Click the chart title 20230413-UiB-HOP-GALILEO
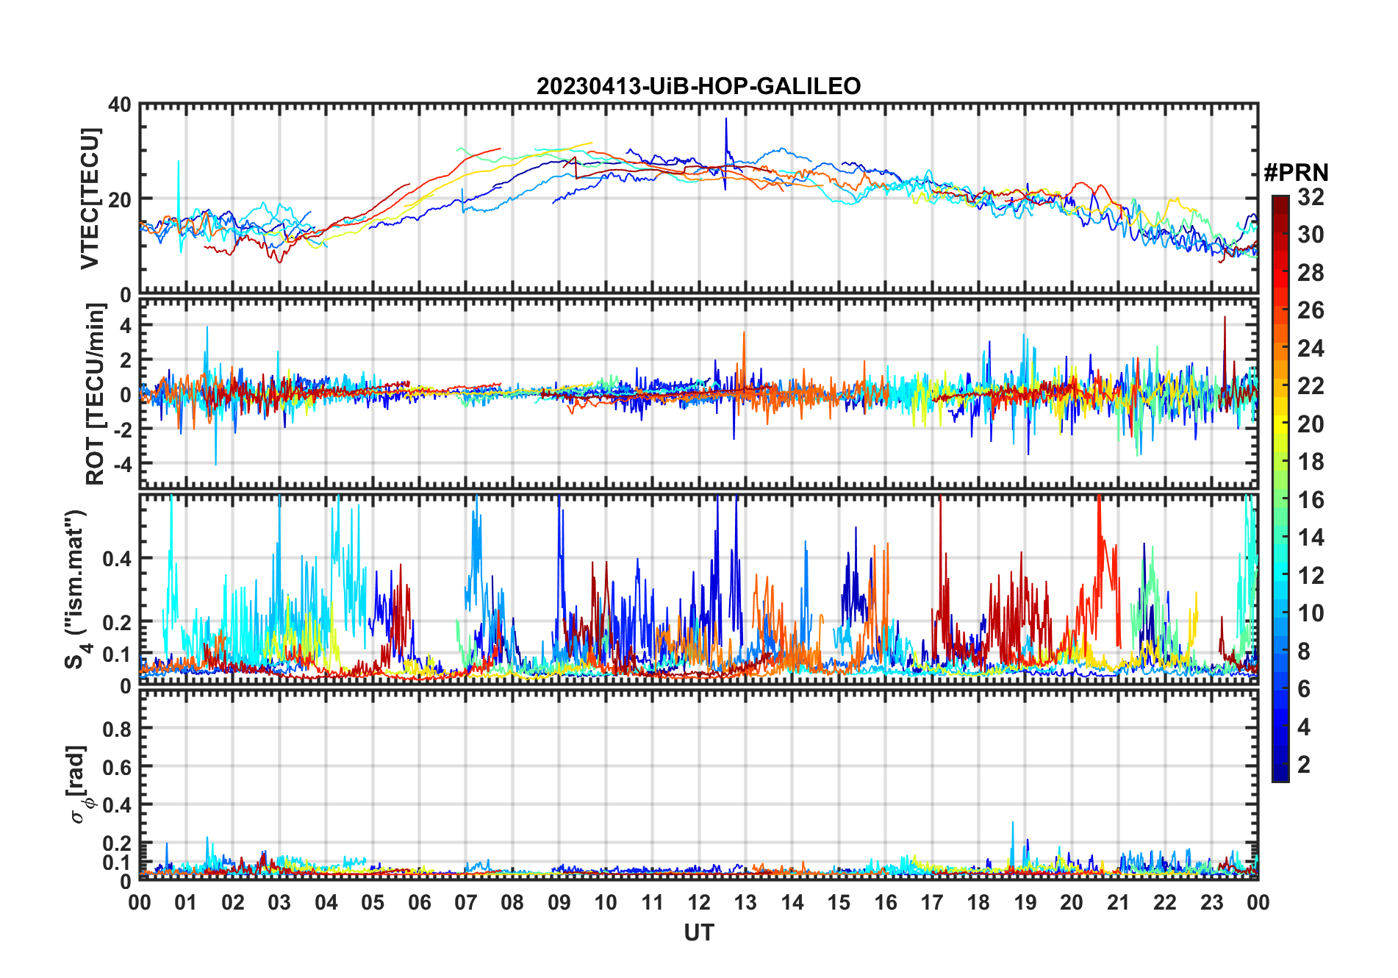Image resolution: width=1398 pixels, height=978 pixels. coord(698,87)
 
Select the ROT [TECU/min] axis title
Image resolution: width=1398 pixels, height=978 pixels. coord(96,394)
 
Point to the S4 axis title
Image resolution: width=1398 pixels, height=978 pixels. coord(76,590)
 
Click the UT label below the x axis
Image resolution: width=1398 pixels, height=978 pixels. coord(698,933)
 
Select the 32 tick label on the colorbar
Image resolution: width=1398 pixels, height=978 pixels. coord(1311,197)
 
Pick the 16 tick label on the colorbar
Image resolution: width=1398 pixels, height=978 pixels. coord(1311,500)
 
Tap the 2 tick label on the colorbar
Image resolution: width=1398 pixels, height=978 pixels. coord(1304,765)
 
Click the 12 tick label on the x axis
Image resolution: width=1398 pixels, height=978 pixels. coord(699,902)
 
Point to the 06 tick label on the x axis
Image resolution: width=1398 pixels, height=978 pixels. coord(420,902)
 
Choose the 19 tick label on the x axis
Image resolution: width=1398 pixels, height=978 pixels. coord(1025,902)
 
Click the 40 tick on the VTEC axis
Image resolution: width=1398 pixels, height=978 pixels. coord(120,105)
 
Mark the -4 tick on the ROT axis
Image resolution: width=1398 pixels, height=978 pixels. coord(121,464)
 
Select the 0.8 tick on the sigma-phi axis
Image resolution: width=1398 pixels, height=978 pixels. coord(118,729)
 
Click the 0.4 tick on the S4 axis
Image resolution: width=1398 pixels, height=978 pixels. coord(118,558)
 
